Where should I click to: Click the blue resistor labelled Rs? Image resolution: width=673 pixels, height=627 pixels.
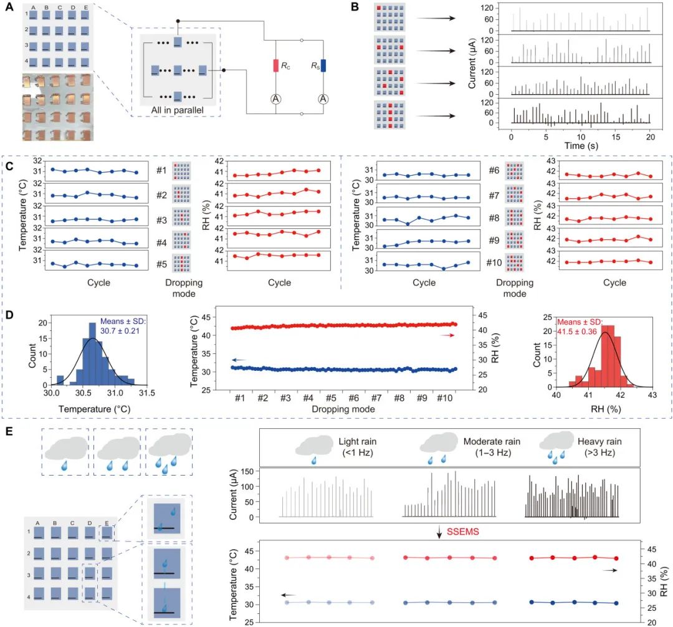[322, 65]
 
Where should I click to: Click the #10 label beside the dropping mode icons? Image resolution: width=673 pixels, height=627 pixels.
[493, 264]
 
